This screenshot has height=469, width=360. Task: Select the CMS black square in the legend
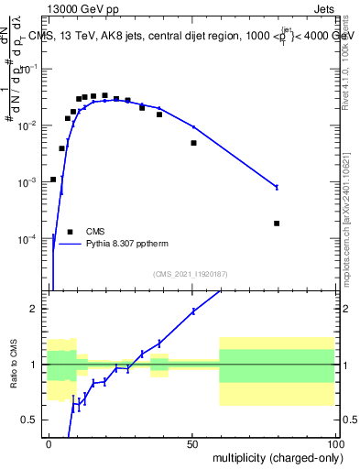[70, 232]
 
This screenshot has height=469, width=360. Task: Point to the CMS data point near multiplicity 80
[277, 224]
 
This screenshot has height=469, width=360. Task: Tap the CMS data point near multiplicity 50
[193, 143]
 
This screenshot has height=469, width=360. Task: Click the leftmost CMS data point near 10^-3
[53, 180]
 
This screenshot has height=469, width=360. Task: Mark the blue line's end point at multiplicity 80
[277, 187]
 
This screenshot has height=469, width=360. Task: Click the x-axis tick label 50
[192, 442]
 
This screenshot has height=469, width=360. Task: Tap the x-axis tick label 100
[334, 442]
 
